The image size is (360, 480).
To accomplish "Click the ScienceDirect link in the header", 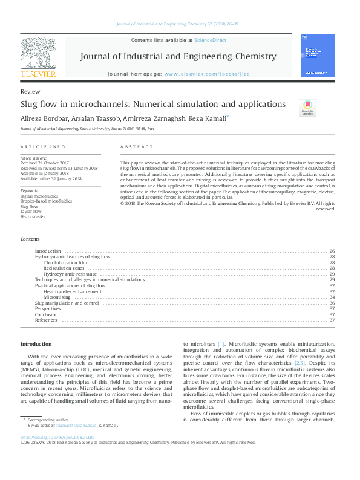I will click(210, 40).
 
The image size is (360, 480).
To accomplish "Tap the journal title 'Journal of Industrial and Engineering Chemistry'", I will click(178, 57).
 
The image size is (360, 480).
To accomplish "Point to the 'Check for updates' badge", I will click(307, 107).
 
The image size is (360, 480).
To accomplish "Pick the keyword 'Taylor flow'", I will click(31, 212).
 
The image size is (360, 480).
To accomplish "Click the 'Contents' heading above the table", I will click(30, 239).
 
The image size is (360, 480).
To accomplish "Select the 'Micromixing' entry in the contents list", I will click(56, 297).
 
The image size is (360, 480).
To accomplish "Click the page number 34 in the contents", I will click(332, 297).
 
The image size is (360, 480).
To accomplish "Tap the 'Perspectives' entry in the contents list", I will click(48, 308).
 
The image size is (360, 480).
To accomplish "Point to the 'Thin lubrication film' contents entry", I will click(65, 262).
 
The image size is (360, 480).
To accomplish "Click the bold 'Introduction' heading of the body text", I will click(36, 343).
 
